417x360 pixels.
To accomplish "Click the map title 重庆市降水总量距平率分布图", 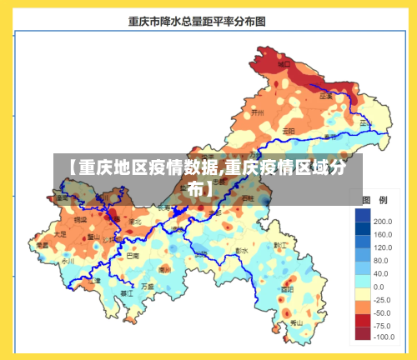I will click(x=197, y=22).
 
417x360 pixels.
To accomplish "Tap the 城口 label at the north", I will click(x=284, y=63).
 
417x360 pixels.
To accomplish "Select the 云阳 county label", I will click(x=288, y=131).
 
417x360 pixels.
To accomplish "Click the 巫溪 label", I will click(x=325, y=96).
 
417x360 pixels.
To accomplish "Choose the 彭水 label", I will click(x=241, y=250).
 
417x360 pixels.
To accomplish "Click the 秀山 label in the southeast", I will click(x=296, y=322).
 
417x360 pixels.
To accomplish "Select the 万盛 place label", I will click(x=148, y=287).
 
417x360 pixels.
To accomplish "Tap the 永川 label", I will click(x=68, y=260).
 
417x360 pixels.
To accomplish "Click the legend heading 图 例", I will click(x=373, y=201).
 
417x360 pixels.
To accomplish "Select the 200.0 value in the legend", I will click(x=383, y=222).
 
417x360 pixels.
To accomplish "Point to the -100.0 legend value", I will click(x=383, y=337).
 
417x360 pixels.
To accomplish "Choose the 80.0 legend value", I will click(x=381, y=260).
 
